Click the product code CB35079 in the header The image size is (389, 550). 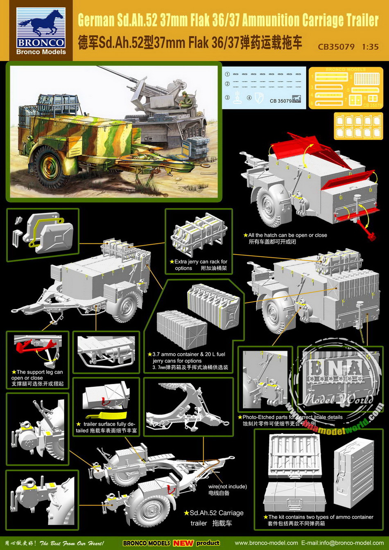coord(336,47)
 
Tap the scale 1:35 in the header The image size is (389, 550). coord(370,47)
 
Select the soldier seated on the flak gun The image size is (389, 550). coord(184,98)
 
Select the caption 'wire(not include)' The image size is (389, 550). coord(227,487)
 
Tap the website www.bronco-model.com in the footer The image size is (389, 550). coord(266,543)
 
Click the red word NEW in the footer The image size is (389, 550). coord(183,543)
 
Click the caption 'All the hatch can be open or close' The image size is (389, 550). coord(287,235)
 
